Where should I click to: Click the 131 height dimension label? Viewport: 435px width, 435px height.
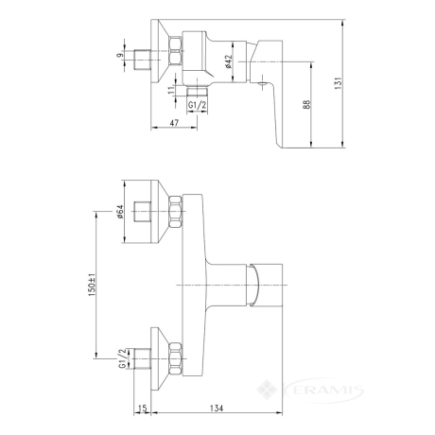pos(339,83)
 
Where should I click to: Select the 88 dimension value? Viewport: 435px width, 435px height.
pos(306,105)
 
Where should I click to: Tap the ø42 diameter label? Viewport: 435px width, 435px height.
pos(229,61)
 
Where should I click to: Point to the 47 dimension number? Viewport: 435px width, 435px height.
pos(174,123)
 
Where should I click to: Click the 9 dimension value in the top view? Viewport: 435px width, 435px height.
pos(120,56)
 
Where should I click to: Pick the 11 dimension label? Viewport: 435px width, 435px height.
pos(171,90)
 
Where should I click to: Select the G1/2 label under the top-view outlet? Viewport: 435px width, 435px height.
pos(197,105)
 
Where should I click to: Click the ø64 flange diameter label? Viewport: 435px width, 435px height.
pos(120,212)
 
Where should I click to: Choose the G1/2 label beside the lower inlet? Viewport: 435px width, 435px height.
pos(122,358)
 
